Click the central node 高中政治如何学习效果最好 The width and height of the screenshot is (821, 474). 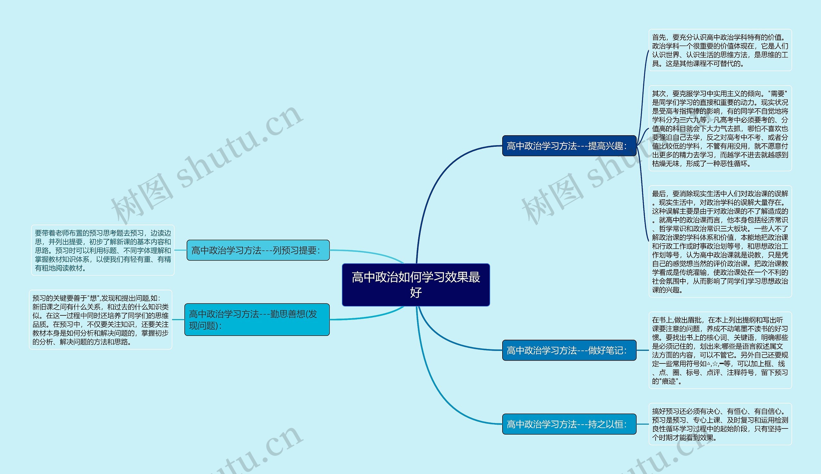click(x=416, y=285)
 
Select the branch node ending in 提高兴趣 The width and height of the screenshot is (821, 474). click(x=569, y=146)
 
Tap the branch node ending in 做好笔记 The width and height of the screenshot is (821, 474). click(x=569, y=350)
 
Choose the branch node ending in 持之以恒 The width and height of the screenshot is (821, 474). click(x=569, y=424)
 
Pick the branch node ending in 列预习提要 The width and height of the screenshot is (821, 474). click(x=258, y=250)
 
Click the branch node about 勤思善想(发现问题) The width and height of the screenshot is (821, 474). click(x=257, y=319)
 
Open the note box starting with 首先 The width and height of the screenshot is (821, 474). click(x=720, y=50)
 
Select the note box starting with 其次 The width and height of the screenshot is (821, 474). click(x=720, y=128)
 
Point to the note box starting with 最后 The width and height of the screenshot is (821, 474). click(x=720, y=241)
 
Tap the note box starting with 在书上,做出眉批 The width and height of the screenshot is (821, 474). click(x=720, y=350)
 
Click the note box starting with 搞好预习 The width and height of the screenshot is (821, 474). click(x=720, y=424)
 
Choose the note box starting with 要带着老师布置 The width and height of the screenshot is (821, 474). click(x=103, y=250)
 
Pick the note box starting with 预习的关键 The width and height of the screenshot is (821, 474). click(x=100, y=320)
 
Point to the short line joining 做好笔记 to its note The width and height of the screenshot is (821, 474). click(x=642, y=350)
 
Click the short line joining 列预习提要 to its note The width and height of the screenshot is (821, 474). click(x=181, y=250)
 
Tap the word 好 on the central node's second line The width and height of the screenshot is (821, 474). click(x=416, y=292)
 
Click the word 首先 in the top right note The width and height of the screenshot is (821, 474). click(x=658, y=37)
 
